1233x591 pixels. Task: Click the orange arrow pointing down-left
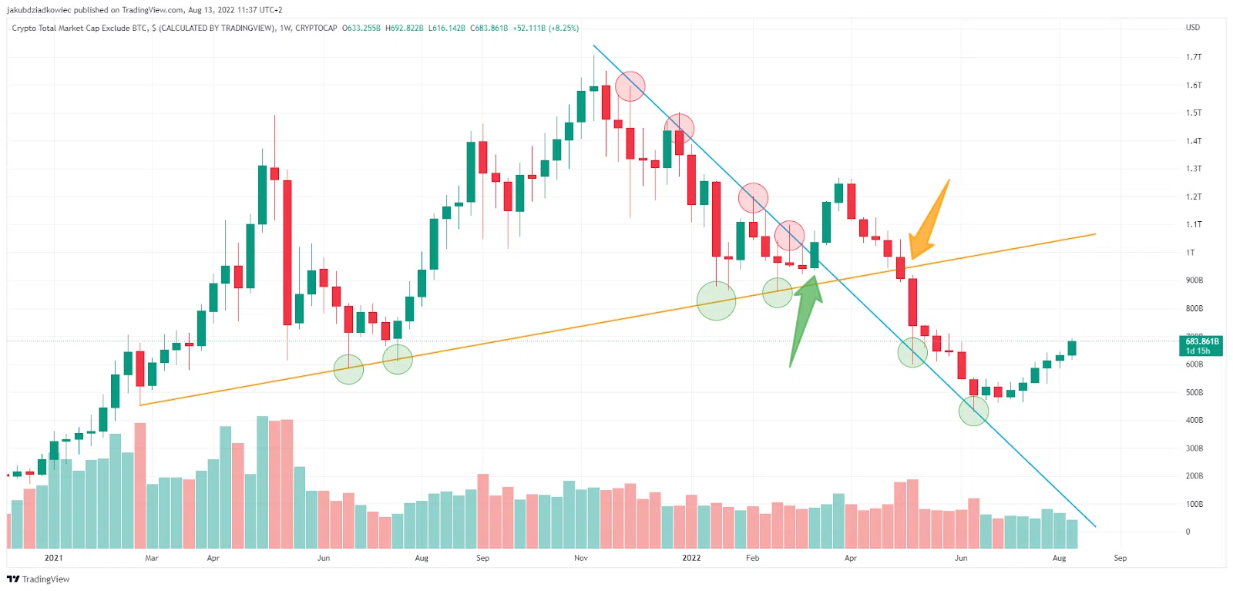928,224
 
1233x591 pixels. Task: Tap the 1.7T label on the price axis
1194,57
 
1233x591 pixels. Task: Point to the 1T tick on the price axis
1191,253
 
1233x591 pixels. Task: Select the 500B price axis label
1194,392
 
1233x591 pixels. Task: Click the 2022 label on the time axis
691,558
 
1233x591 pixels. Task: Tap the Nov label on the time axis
581,558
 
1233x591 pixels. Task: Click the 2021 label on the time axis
53,558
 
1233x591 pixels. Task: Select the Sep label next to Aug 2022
1120,558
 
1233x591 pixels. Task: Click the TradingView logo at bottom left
39,579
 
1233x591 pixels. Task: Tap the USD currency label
1193,28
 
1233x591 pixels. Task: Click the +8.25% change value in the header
563,29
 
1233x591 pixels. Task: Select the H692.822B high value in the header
404,29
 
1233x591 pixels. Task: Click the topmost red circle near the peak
630,86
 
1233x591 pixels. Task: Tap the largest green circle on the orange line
716,301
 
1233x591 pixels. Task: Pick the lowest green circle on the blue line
973,411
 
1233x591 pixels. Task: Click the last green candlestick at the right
1071,348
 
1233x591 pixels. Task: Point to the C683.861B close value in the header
489,29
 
